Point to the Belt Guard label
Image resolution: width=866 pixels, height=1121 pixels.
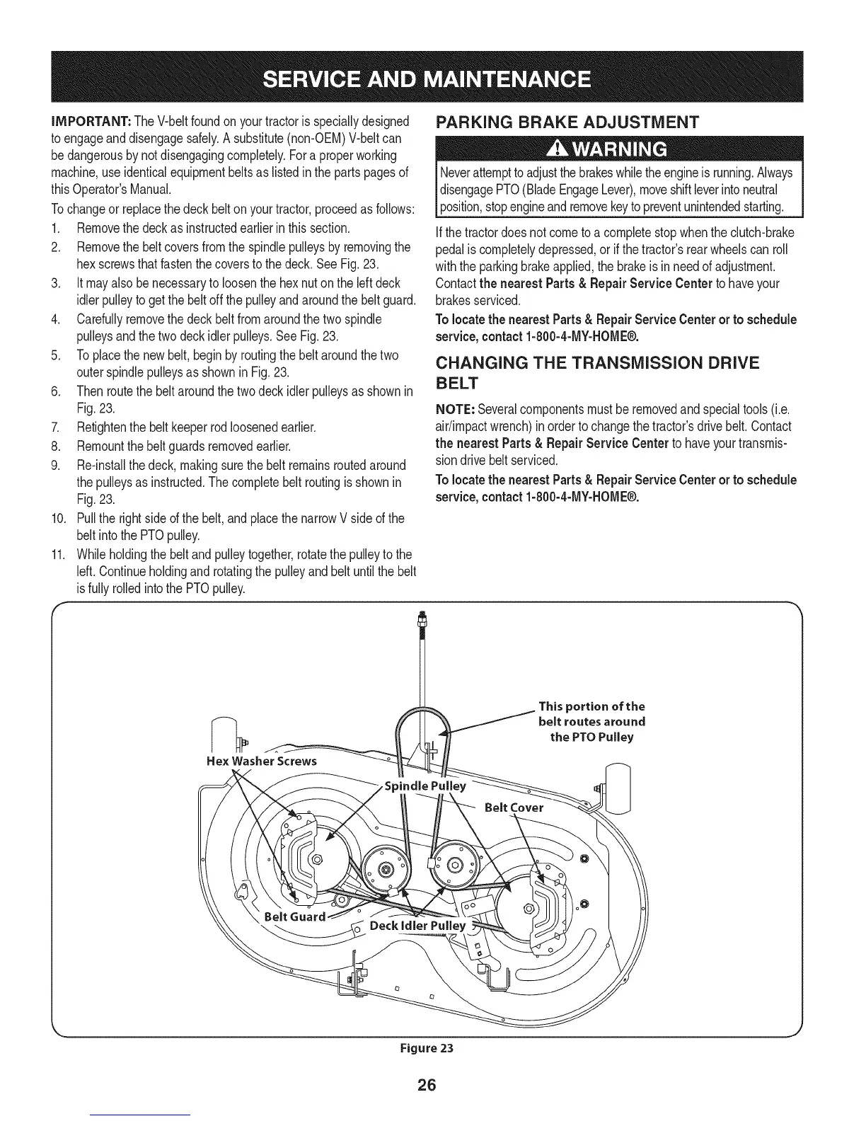pyautogui.click(x=294, y=917)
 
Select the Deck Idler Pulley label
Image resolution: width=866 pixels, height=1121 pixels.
pyautogui.click(x=418, y=926)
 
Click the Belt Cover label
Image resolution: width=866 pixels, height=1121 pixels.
pyautogui.click(x=514, y=807)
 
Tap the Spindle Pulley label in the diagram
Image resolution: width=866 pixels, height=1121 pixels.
pyautogui.click(x=424, y=786)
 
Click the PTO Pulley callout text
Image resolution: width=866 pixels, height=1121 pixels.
pyautogui.click(x=591, y=722)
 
